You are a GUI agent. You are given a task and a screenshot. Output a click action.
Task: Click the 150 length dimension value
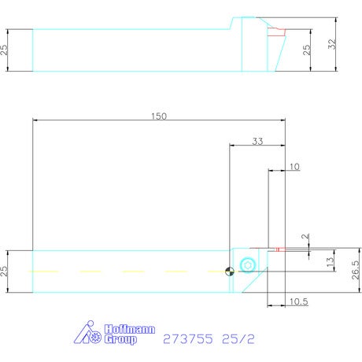[159, 116]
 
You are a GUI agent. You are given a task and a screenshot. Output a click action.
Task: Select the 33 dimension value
[257, 142]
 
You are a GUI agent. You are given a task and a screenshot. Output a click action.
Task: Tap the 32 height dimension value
[332, 44]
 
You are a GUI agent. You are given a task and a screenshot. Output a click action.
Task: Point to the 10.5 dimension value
[299, 301]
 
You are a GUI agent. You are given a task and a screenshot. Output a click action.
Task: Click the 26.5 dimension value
[356, 270]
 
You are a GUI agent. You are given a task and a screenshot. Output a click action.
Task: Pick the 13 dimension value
[330, 261]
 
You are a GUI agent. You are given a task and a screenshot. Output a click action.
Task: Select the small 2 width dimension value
[305, 236]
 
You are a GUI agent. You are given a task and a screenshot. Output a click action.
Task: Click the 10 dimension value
[294, 167]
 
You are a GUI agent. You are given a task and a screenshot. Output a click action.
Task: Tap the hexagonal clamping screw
[248, 265]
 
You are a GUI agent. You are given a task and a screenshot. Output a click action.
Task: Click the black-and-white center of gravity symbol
[230, 271]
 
